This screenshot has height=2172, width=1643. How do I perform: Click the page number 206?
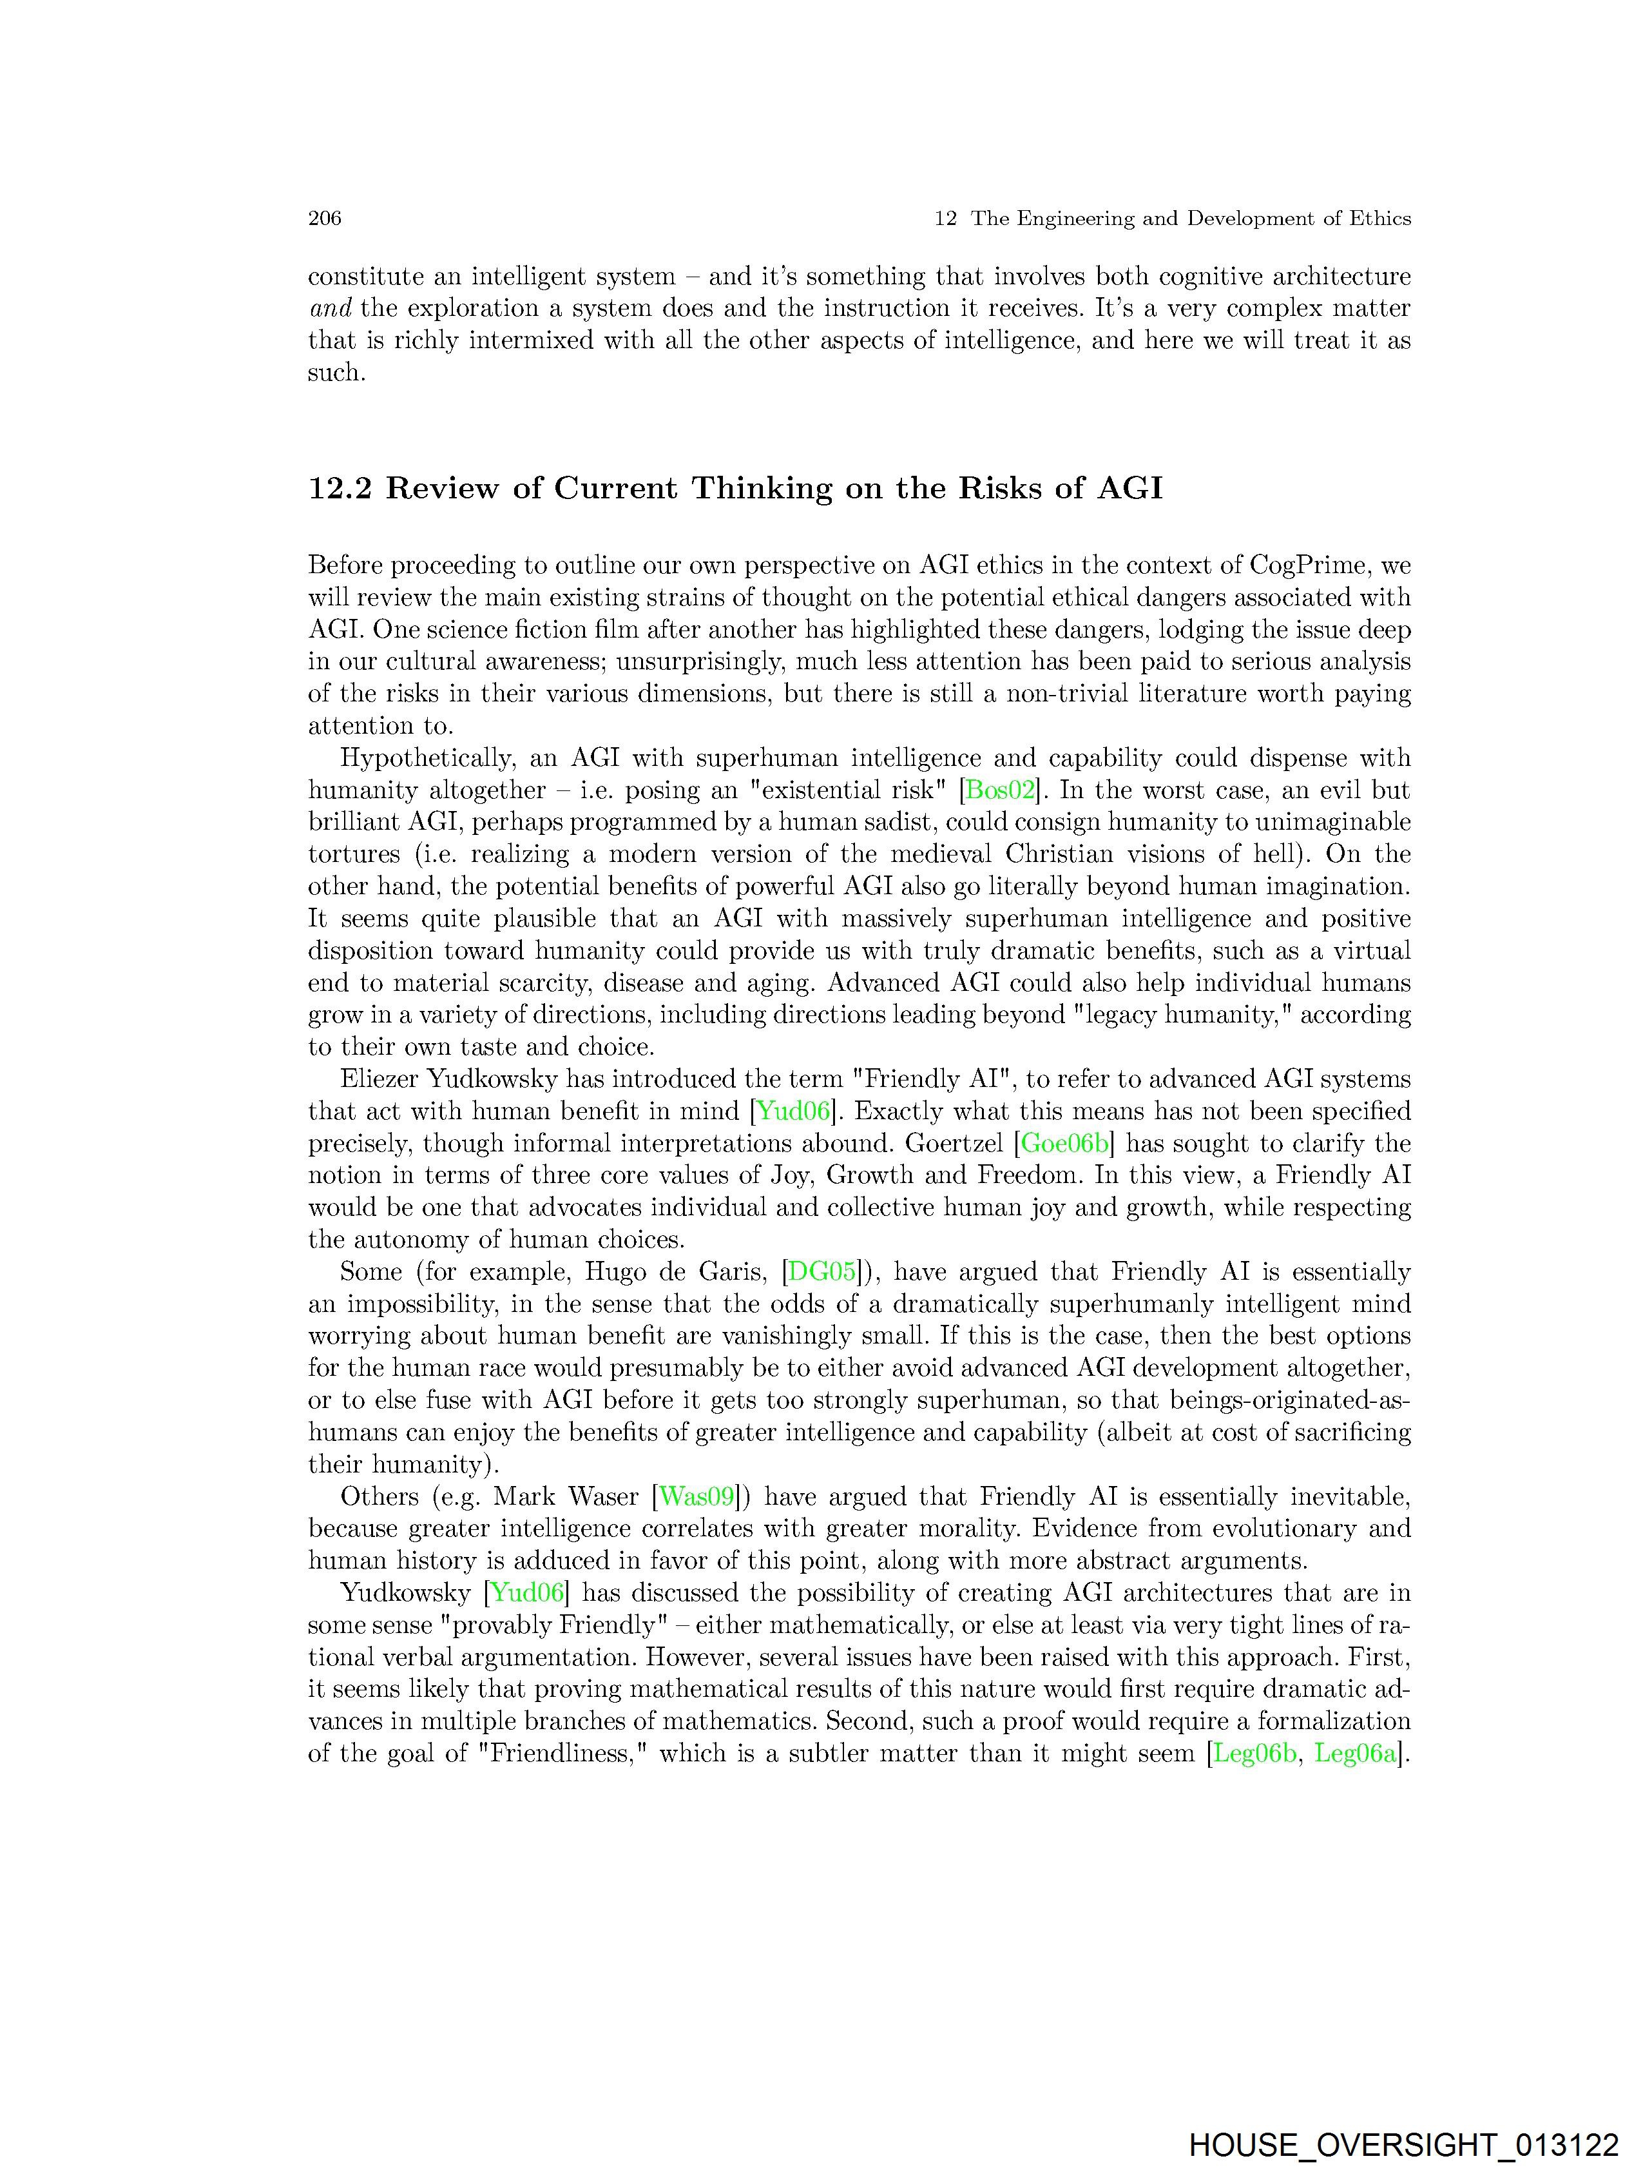coord(324,218)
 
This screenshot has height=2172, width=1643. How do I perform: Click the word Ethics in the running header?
coord(1380,218)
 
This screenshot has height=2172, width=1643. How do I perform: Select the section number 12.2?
coord(340,488)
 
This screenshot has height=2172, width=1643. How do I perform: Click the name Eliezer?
coord(378,1080)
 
